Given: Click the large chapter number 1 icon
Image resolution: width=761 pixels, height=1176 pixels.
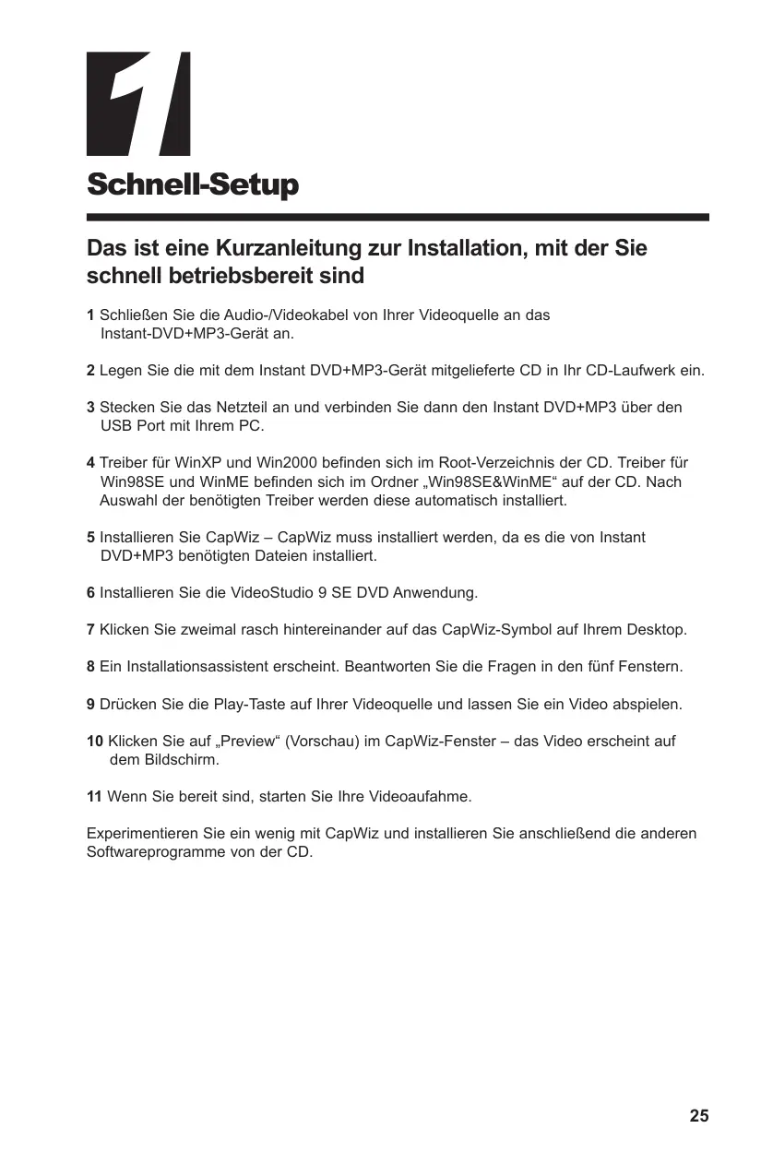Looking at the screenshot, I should pyautogui.click(x=138, y=103).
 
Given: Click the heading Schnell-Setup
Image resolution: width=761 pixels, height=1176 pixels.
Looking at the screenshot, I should pyautogui.click(x=193, y=185).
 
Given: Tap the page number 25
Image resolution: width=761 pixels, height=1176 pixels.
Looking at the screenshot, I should pyautogui.click(x=699, y=1115).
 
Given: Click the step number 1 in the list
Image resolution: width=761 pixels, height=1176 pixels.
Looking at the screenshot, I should pyautogui.click(x=90, y=315).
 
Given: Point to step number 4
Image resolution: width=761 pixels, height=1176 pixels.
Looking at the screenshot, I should pyautogui.click(x=90, y=463).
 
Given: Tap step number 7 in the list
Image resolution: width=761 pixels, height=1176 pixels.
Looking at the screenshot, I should pyautogui.click(x=90, y=630).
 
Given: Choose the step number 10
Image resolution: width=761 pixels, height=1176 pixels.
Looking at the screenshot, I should pyautogui.click(x=95, y=742).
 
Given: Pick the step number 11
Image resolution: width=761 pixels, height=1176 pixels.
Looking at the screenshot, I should pyautogui.click(x=95, y=797).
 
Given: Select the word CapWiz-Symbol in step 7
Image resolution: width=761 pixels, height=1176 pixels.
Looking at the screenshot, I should pyautogui.click(x=489, y=630).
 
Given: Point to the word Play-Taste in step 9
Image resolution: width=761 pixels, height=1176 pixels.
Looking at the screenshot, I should pyautogui.click(x=249, y=705).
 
